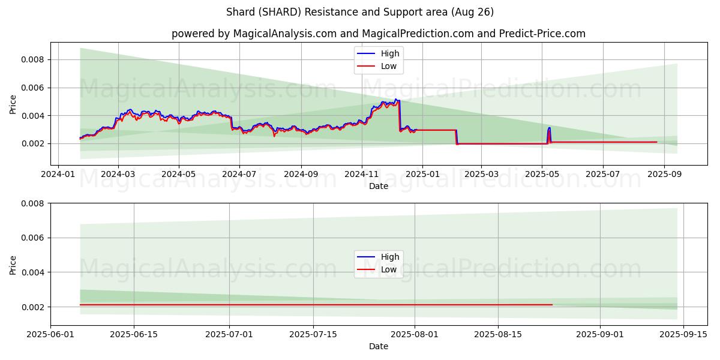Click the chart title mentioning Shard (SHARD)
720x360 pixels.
[360, 12]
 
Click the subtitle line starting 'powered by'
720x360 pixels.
[378, 34]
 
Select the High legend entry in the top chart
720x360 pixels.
[389, 53]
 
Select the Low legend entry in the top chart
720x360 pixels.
[388, 66]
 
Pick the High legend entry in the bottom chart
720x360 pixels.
[389, 257]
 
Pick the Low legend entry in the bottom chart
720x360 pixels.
[388, 269]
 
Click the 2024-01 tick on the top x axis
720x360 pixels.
[58, 174]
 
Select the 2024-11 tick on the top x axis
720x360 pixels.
[362, 174]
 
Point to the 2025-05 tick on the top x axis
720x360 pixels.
[542, 174]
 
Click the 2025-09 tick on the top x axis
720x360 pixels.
[664, 174]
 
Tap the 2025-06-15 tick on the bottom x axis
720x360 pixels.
[134, 334]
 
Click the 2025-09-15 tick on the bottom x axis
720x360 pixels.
[683, 334]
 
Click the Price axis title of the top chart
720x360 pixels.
[13, 104]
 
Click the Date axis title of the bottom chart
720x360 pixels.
[378, 346]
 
